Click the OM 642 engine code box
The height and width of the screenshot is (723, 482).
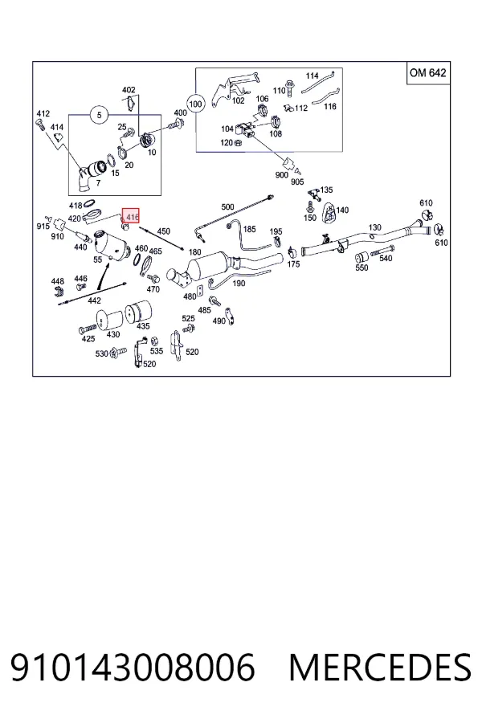tap(428, 73)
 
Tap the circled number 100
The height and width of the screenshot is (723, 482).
tap(195, 104)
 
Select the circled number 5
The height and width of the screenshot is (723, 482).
tap(99, 115)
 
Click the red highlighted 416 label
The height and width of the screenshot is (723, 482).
tap(130, 216)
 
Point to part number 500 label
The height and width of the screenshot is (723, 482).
tap(228, 207)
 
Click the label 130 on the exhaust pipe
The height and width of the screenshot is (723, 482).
tap(375, 227)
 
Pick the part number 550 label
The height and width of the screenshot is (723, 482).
tap(361, 268)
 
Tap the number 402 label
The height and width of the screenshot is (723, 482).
tap(129, 90)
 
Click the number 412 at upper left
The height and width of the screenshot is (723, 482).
tap(43, 113)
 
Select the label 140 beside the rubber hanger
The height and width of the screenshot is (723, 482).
tap(342, 210)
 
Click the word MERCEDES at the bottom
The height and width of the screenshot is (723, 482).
tap(380, 667)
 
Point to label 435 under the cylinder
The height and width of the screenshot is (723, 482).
tap(144, 326)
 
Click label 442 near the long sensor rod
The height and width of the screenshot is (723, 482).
tap(94, 300)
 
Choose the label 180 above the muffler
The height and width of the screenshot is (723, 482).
tap(195, 251)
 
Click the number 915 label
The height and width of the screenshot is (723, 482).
tap(43, 227)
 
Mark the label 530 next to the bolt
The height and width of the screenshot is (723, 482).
tap(101, 353)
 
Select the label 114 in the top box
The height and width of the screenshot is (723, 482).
tap(312, 76)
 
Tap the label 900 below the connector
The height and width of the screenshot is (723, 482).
tap(281, 175)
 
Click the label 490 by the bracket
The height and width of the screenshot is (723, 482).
tap(219, 321)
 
